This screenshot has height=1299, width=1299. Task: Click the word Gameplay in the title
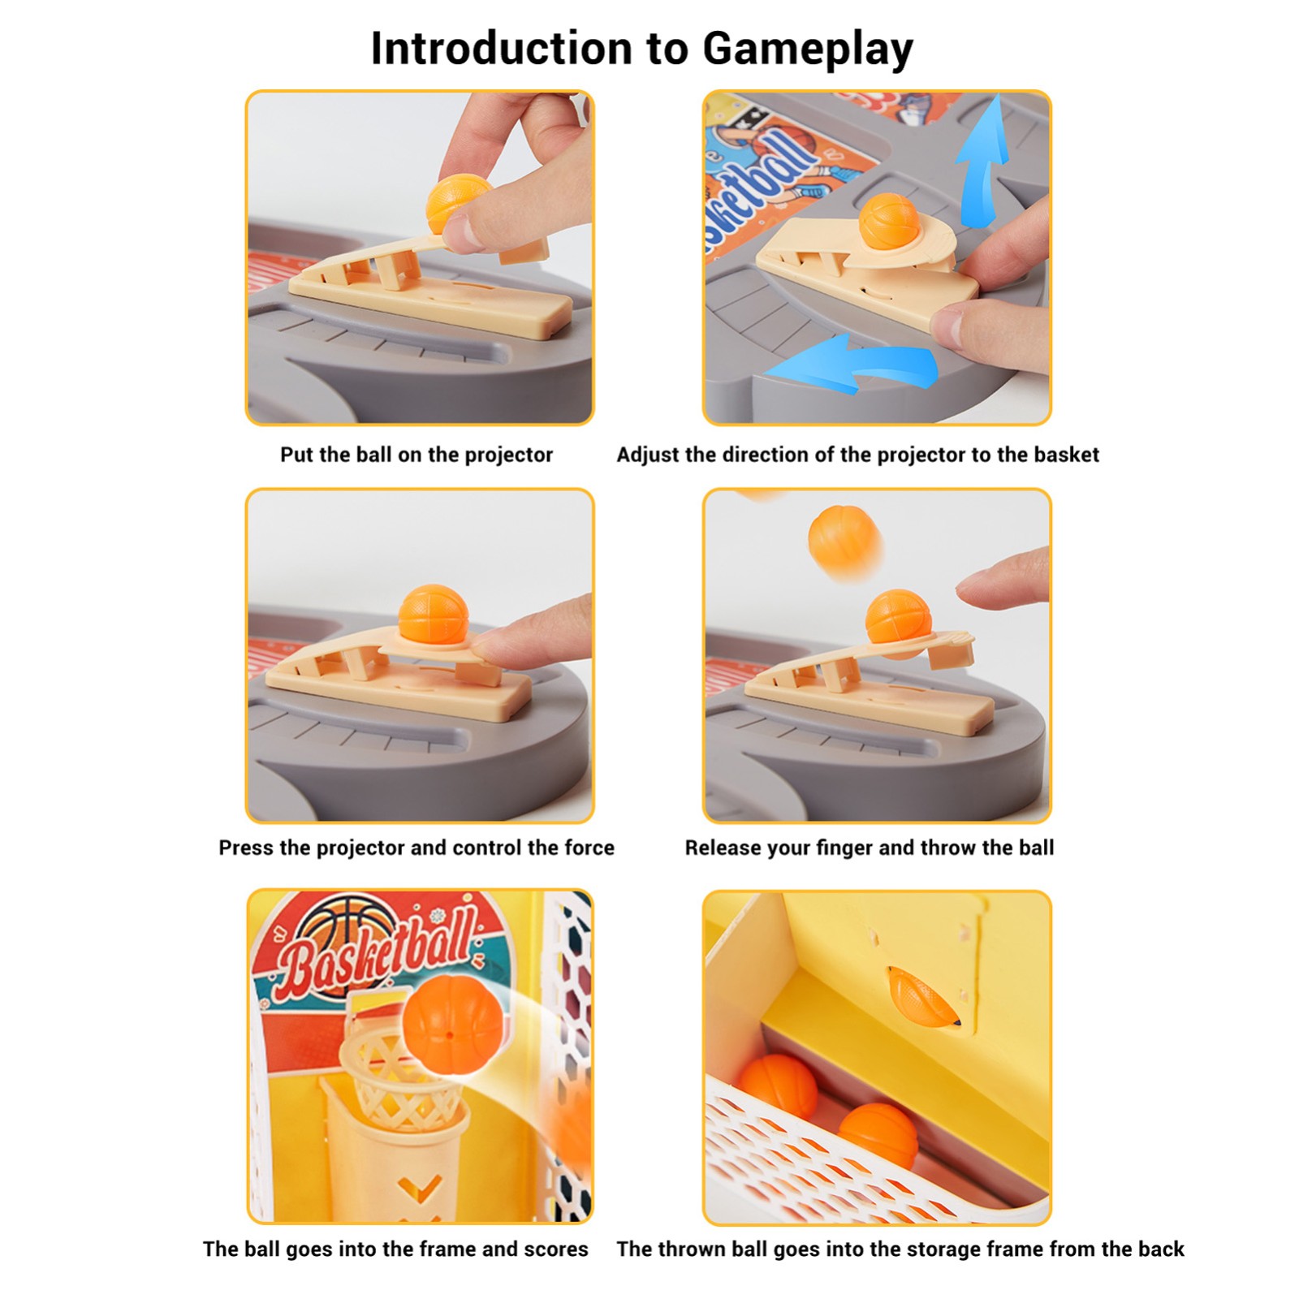(808, 50)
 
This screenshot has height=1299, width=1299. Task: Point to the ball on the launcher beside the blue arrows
(888, 220)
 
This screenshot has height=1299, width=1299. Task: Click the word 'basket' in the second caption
(1068, 455)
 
